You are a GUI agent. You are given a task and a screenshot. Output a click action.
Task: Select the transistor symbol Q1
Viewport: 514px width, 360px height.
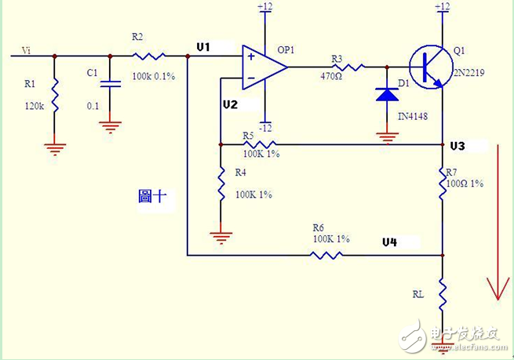click(428, 67)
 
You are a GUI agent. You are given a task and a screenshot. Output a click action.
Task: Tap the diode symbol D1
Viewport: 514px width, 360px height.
click(386, 94)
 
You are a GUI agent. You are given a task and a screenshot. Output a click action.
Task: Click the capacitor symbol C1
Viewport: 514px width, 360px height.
click(110, 82)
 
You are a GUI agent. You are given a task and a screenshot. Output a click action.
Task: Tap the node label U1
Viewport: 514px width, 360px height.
click(204, 48)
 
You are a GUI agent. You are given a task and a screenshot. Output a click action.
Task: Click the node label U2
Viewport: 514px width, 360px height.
click(229, 104)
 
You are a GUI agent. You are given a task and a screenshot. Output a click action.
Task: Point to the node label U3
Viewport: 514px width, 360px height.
click(457, 147)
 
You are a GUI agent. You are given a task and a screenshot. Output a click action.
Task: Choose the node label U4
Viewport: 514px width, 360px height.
click(389, 242)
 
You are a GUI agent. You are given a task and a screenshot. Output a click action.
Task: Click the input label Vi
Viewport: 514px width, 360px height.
click(27, 50)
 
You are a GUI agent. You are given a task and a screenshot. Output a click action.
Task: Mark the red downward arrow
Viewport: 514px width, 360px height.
click(494, 227)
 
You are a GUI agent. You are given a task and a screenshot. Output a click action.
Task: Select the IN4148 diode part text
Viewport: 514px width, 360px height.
click(414, 116)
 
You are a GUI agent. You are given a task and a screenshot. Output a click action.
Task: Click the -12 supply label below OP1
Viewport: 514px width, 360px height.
click(266, 127)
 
